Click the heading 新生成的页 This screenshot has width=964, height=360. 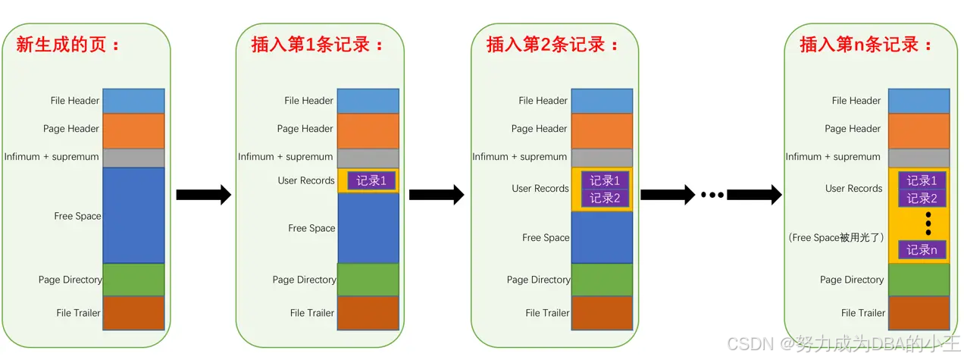[x=69, y=45]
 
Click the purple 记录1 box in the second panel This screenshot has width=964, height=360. [x=371, y=181]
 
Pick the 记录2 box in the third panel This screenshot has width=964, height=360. [x=605, y=199]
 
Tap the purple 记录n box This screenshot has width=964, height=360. [x=922, y=250]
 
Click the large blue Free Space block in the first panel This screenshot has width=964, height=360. [x=133, y=215]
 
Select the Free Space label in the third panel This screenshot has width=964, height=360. [x=546, y=238]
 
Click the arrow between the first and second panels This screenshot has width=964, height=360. [x=203, y=195]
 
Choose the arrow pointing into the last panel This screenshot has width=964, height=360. [x=754, y=195]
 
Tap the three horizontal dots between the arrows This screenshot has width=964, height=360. [x=712, y=195]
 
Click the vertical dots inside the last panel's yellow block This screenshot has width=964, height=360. [x=922, y=224]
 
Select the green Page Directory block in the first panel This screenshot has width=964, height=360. [x=133, y=280]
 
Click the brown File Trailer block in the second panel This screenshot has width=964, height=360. [x=368, y=313]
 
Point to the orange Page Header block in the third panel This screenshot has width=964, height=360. [x=602, y=130]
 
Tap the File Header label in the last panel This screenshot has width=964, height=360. [x=856, y=101]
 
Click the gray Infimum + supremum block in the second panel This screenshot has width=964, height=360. [x=368, y=158]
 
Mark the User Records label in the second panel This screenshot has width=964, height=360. [x=306, y=180]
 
